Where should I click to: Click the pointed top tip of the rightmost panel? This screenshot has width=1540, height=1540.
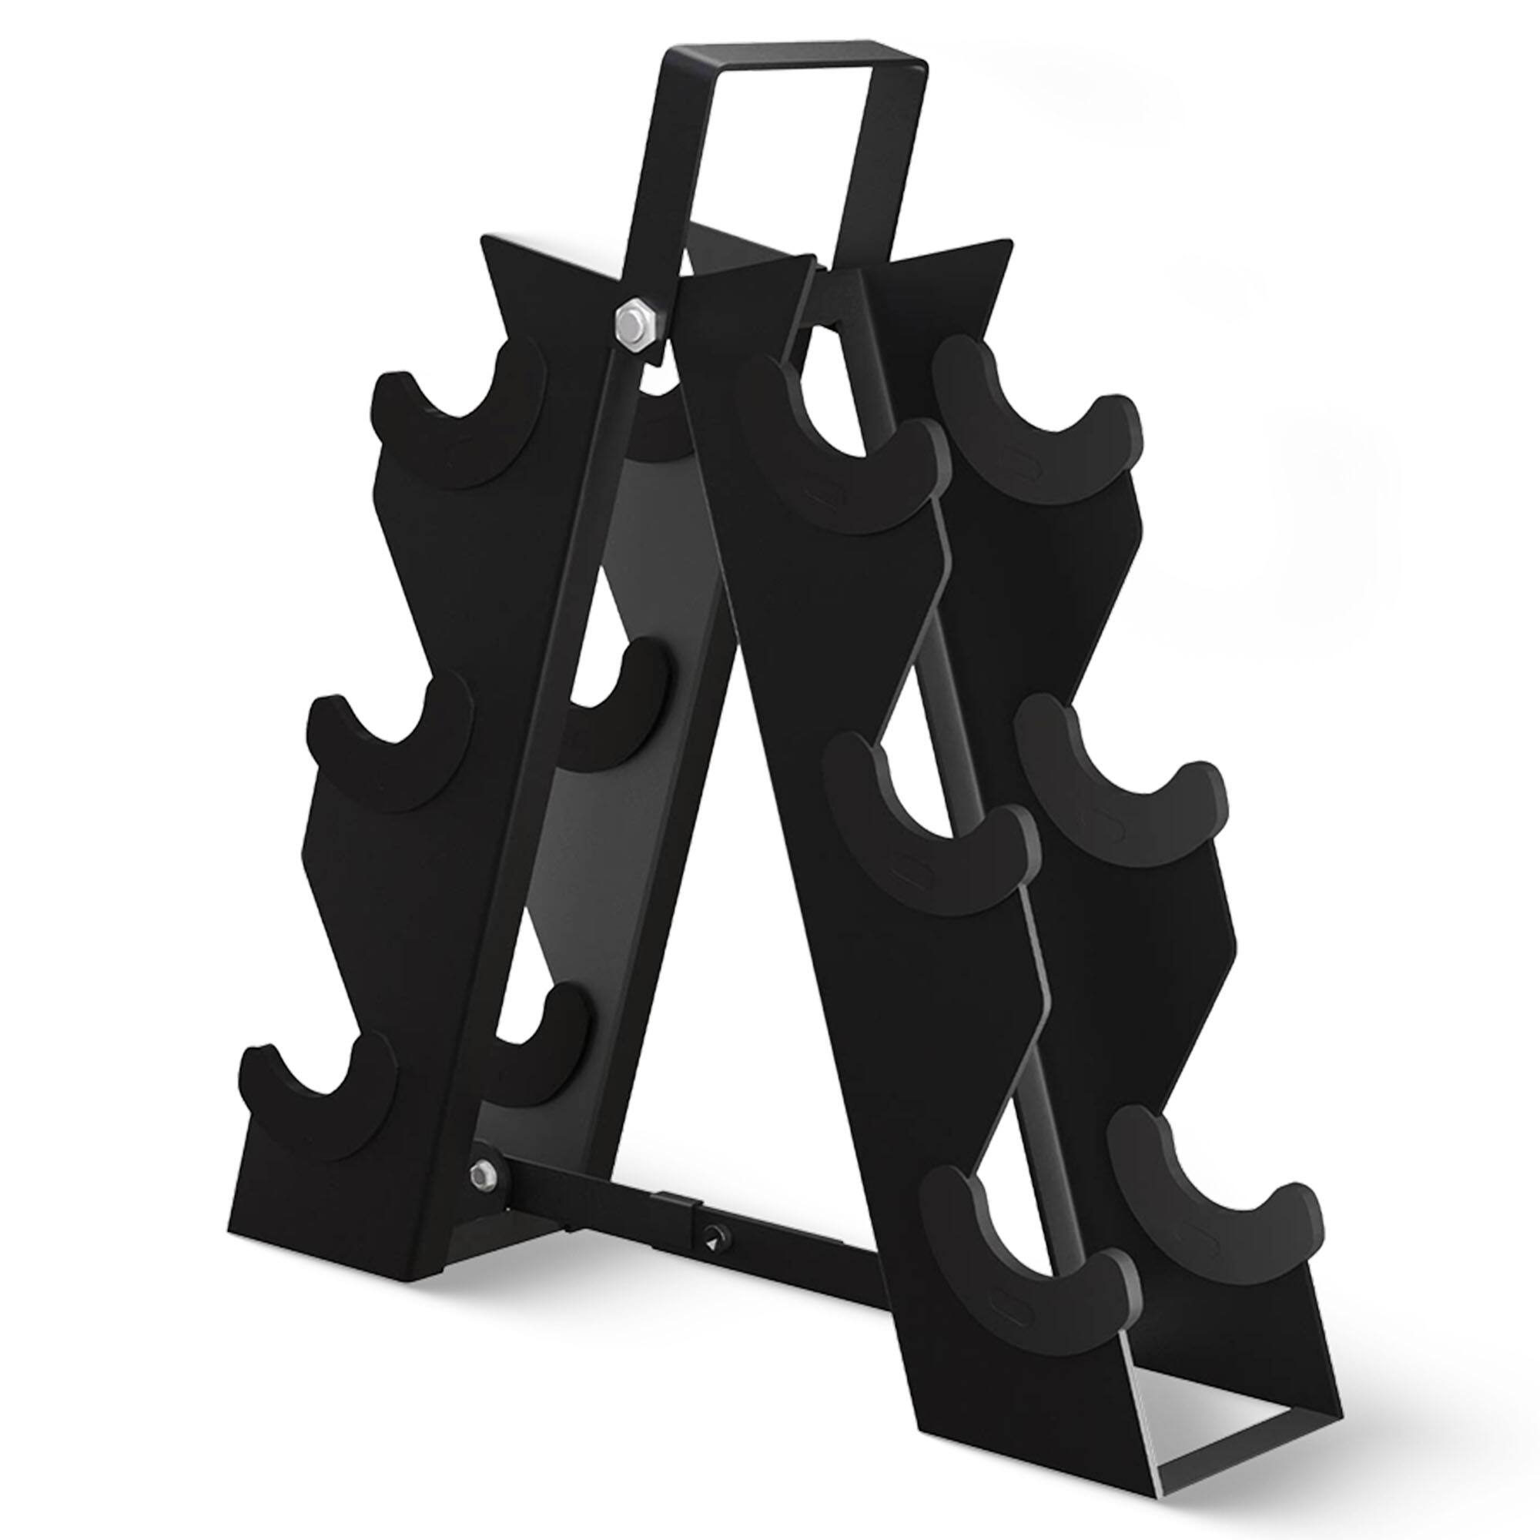[x=1004, y=243]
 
